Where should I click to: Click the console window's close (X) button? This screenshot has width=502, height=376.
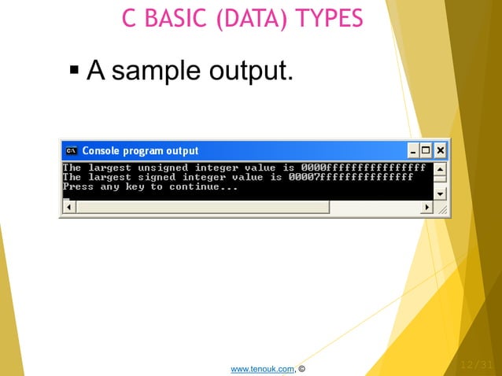[441, 150]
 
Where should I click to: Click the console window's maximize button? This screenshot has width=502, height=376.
[426, 150]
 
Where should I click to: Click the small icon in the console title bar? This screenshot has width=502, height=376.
[71, 150]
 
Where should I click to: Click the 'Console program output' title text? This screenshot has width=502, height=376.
[140, 150]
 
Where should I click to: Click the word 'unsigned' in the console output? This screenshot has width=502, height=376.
[163, 168]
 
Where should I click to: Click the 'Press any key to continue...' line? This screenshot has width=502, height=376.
[149, 187]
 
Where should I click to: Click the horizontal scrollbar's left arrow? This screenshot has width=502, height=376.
[68, 207]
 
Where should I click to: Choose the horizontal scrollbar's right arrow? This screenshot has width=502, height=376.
[427, 207]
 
